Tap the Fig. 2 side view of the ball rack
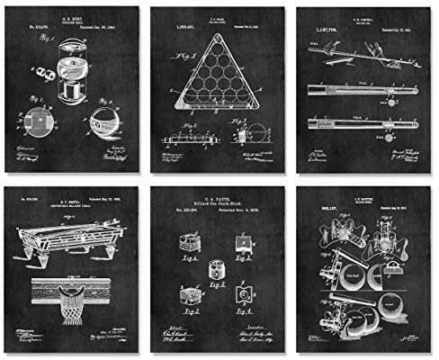pos(193,139)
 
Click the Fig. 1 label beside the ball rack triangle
pos(188,56)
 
